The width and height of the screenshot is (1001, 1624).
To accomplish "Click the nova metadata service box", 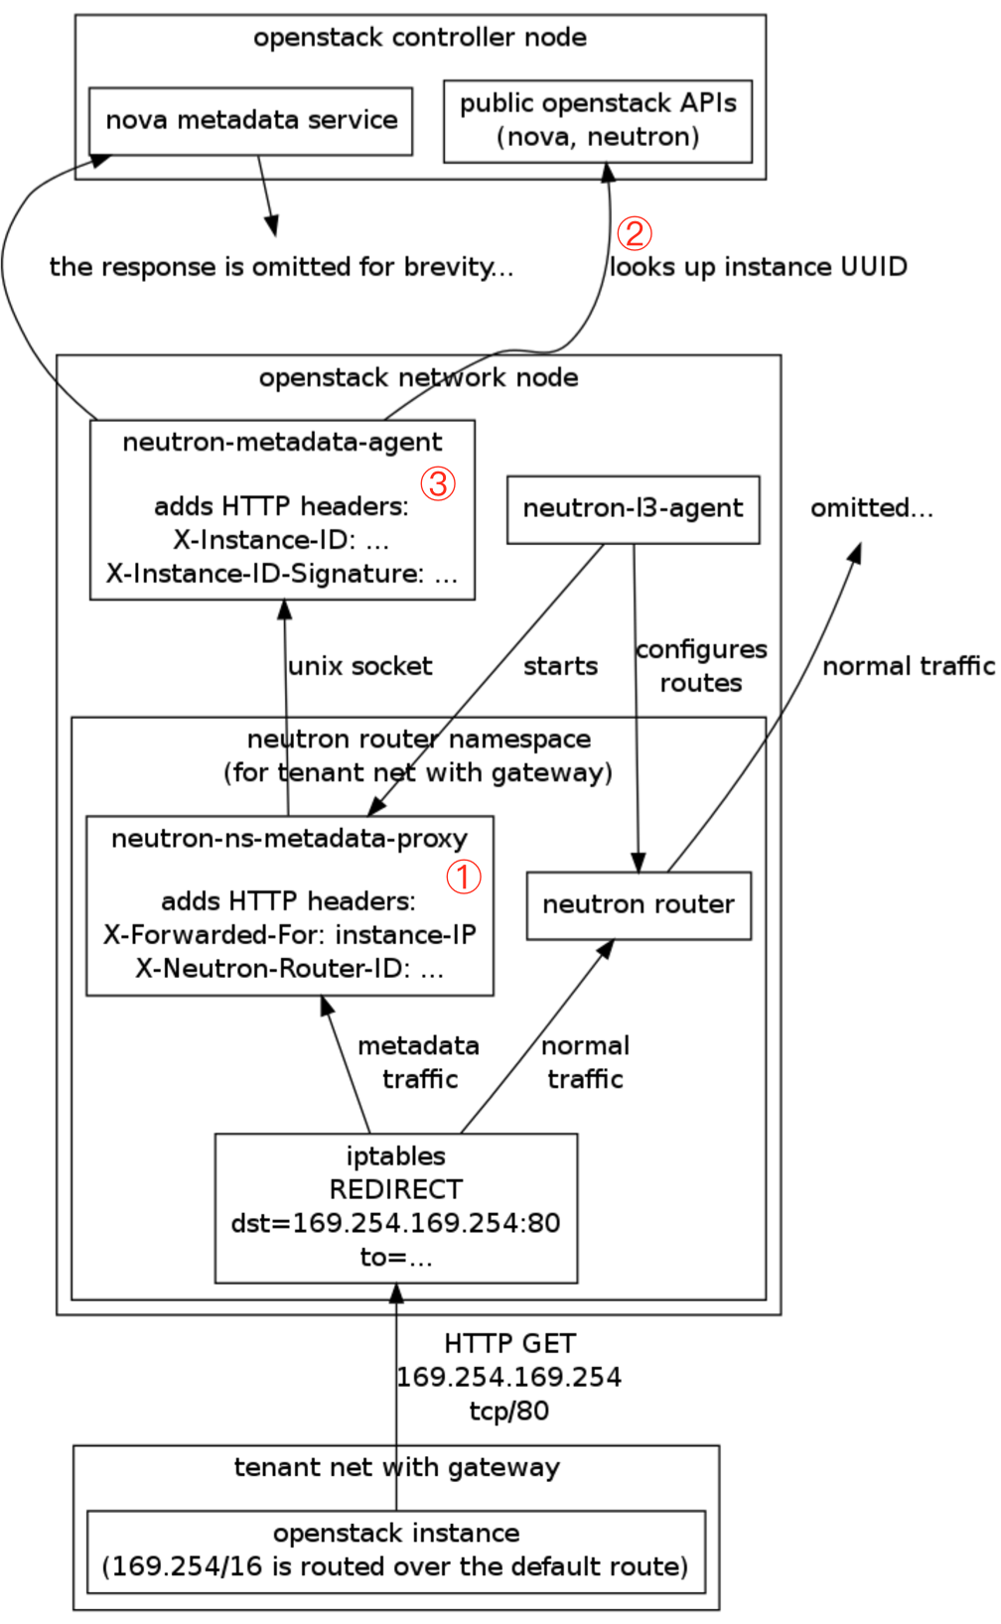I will pyautogui.click(x=250, y=121).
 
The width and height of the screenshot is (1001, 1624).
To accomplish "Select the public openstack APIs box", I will pyautogui.click(x=597, y=121).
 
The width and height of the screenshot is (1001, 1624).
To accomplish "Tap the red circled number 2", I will pyautogui.click(x=634, y=233).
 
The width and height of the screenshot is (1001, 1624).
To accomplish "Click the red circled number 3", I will pyautogui.click(x=437, y=483).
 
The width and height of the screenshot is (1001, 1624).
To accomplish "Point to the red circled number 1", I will pyautogui.click(x=463, y=877).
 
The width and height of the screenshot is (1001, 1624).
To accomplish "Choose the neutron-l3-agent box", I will pyautogui.click(x=633, y=509).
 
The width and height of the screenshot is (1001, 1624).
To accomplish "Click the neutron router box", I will pyautogui.click(x=638, y=905).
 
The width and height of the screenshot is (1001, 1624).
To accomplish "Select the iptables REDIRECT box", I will pyautogui.click(x=395, y=1207).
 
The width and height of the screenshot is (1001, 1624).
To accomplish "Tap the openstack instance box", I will pyautogui.click(x=395, y=1551).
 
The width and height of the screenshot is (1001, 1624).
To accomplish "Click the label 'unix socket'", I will pyautogui.click(x=359, y=667).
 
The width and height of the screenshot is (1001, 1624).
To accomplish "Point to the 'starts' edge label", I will pyautogui.click(x=560, y=667).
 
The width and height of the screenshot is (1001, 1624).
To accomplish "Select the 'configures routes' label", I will pyautogui.click(x=701, y=666).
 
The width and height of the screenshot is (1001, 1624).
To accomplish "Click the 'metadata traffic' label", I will pyautogui.click(x=418, y=1062).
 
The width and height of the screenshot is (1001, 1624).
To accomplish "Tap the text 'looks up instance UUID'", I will pyautogui.click(x=758, y=267).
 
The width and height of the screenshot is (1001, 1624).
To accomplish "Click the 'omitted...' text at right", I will pyautogui.click(x=871, y=509).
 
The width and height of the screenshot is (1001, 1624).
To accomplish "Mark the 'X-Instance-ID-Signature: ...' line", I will pyautogui.click(x=282, y=575).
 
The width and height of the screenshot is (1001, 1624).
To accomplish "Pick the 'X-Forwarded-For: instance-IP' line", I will pyautogui.click(x=289, y=935).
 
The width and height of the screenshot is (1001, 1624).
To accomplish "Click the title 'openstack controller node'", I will pyautogui.click(x=419, y=38).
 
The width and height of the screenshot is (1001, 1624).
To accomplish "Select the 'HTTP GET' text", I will pyautogui.click(x=509, y=1344).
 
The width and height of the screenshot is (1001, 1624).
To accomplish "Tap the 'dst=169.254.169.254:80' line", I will pyautogui.click(x=395, y=1223).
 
